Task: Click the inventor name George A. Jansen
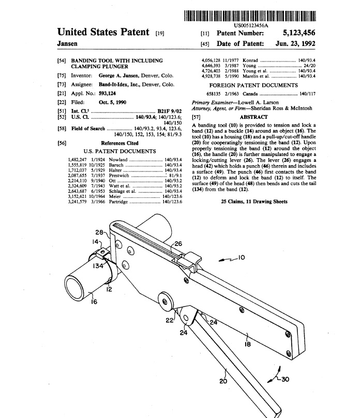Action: point(122,75)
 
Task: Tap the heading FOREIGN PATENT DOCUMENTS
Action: point(253,85)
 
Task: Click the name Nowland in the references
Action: point(118,160)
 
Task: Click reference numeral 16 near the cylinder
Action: point(95,302)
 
